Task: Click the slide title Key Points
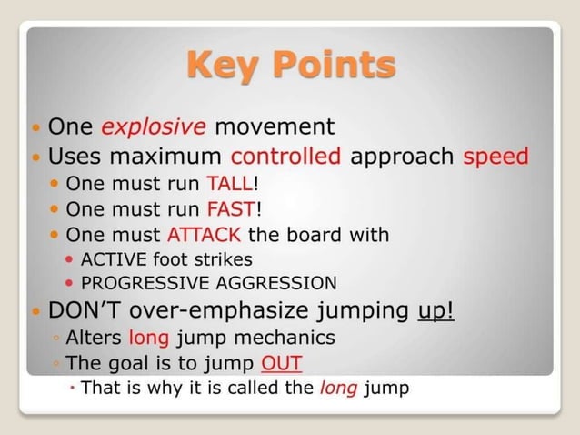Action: tap(291, 66)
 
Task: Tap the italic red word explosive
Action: tap(153, 126)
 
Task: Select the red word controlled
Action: tap(286, 156)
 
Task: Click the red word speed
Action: tap(495, 156)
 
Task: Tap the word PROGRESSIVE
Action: tap(138, 282)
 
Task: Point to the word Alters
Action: tap(95, 339)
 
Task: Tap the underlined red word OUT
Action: tap(281, 364)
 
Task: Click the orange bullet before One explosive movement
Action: tap(35, 126)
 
